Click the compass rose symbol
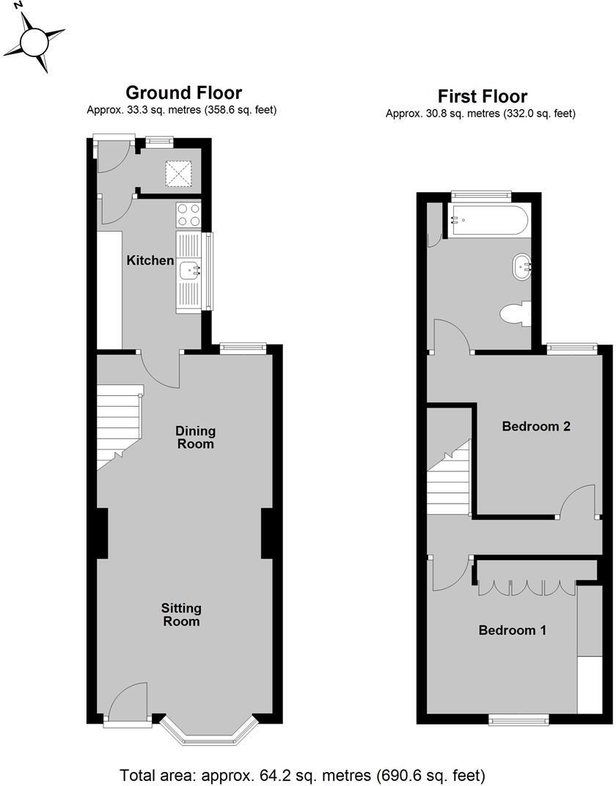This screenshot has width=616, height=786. (x=34, y=40)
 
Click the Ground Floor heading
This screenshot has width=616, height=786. (x=183, y=92)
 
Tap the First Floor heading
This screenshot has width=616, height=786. (x=482, y=96)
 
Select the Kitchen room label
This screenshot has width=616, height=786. (x=150, y=260)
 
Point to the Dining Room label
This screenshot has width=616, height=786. (x=195, y=437)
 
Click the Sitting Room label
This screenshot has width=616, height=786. (x=181, y=614)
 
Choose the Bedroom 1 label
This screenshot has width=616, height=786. (x=512, y=630)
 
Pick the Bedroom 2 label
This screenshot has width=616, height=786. (x=536, y=426)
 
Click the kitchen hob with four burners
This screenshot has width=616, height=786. (x=188, y=216)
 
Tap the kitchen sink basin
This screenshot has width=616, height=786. (x=190, y=271)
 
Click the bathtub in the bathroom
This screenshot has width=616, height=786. (x=489, y=219)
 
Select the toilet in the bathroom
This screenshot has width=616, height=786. (x=516, y=314)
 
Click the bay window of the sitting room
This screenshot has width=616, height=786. (x=210, y=730)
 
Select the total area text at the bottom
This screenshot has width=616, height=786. (x=302, y=774)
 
